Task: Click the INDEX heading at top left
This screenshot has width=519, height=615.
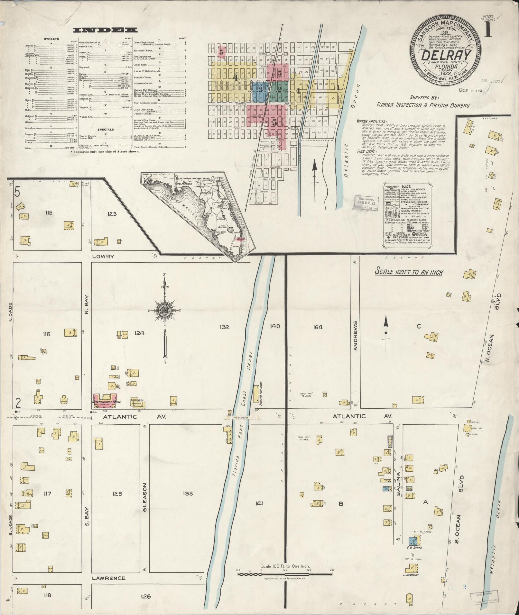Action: coord(105,30)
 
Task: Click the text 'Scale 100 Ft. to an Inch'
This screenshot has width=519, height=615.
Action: coord(409,272)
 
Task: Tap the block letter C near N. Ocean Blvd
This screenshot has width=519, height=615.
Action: coord(419,327)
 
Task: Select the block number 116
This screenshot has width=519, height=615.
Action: coord(46,334)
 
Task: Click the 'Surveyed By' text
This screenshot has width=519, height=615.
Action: coord(424,98)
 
